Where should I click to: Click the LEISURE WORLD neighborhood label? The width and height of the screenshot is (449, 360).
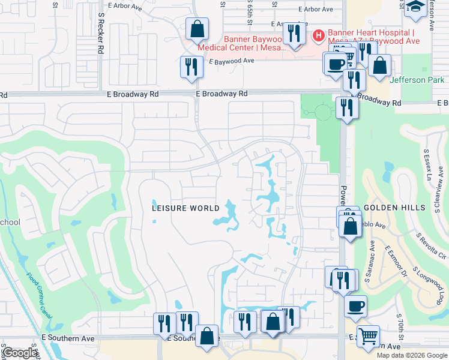click(x=185, y=208)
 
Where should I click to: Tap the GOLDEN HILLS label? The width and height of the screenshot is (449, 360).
click(x=394, y=207)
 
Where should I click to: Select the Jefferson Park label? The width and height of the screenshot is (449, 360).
click(x=417, y=80)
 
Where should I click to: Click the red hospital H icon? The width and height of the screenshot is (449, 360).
click(x=318, y=35)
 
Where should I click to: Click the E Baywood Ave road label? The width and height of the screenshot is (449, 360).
click(x=232, y=61)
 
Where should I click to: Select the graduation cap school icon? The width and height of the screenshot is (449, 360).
click(x=415, y=7)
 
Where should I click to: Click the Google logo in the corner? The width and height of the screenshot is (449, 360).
click(x=20, y=353)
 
